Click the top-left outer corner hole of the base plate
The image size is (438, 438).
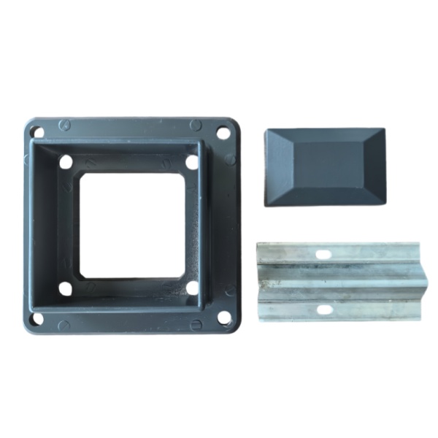coord(38,132)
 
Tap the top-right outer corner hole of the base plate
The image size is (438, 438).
coord(223,133)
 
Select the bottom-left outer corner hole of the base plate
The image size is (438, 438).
coord(36,318)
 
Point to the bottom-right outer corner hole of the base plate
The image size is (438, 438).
coord(224,318)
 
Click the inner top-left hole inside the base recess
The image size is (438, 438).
coord(66,162)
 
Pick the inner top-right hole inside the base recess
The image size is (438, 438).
coord(192,162)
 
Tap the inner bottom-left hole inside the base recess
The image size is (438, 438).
coord(66,288)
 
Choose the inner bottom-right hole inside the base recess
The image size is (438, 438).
coord(192,288)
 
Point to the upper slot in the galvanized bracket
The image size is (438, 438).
coord(323,254)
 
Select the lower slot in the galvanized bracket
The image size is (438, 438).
coord(323,310)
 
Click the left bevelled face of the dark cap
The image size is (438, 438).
coord(278,166)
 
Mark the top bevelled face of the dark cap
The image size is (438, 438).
coord(325,136)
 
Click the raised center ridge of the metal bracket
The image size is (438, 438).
coord(336,282)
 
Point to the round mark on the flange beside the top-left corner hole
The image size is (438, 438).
coord(64,125)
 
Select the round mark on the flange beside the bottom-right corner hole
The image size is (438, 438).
coord(196,325)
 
